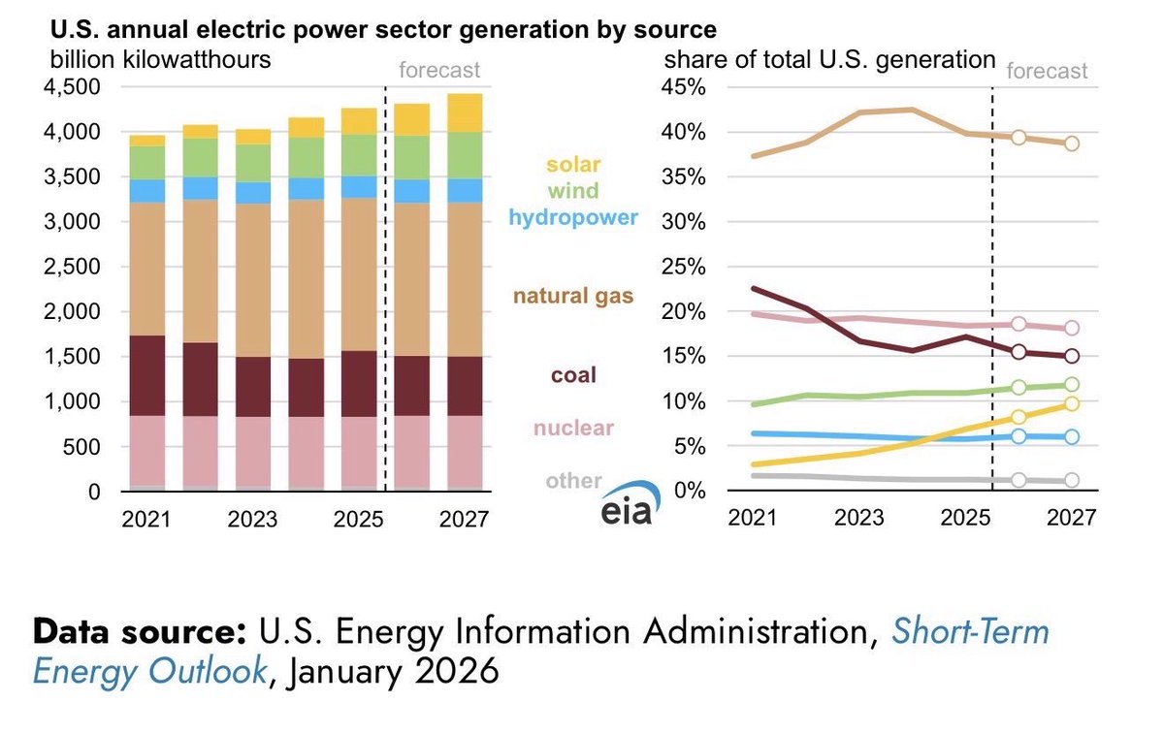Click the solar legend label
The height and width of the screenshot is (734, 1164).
(574, 165)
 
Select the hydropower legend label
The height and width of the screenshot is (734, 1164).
(574, 217)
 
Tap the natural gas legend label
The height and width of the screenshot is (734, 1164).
(574, 295)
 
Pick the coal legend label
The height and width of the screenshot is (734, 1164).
(574, 374)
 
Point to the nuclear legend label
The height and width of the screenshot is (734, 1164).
(574, 428)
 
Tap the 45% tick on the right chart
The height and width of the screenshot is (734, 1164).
(684, 87)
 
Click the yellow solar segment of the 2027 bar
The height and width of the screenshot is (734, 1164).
(465, 112)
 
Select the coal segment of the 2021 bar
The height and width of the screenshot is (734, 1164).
(146, 376)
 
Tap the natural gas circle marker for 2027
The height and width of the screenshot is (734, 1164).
(1072, 144)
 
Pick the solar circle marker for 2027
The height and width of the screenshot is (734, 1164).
(1072, 403)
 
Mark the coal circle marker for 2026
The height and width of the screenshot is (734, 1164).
(1018, 352)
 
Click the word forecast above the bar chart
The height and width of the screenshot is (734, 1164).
(439, 71)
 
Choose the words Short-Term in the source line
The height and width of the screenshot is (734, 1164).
(970, 632)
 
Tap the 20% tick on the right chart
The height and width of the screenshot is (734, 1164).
(684, 312)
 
